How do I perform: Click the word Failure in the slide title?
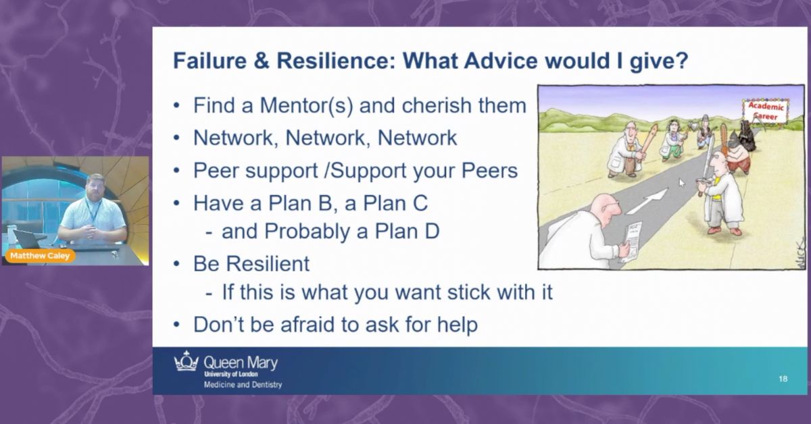tap(210, 60)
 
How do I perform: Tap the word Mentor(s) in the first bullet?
tap(306, 105)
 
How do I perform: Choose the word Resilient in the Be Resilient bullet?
tap(268, 264)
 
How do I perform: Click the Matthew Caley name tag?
tap(40, 256)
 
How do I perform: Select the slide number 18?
tap(783, 379)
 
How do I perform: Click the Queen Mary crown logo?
tap(187, 361)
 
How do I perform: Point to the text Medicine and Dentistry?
tap(243, 385)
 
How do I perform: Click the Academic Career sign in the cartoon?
tap(765, 111)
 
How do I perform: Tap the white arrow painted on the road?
tap(647, 201)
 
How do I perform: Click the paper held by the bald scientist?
tap(631, 241)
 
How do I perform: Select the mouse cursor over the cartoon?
tap(682, 183)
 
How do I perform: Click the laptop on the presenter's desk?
tap(27, 239)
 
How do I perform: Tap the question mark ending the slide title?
tap(681, 60)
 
